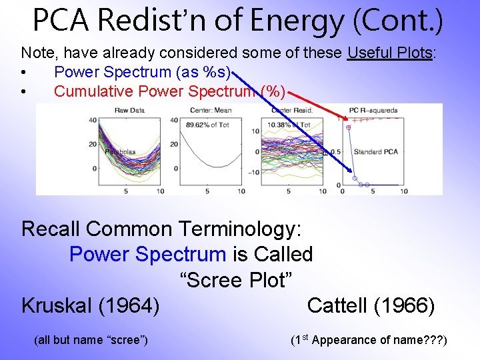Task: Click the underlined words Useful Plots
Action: (x=391, y=53)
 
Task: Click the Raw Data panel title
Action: (x=131, y=110)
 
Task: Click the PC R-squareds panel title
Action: (x=373, y=110)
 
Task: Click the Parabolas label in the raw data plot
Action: (x=119, y=152)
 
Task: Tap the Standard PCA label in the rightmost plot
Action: (x=375, y=152)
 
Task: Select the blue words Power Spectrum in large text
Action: (x=147, y=254)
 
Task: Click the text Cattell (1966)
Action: (x=371, y=306)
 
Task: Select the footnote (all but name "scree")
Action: (x=91, y=340)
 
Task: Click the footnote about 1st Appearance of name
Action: (x=369, y=340)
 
